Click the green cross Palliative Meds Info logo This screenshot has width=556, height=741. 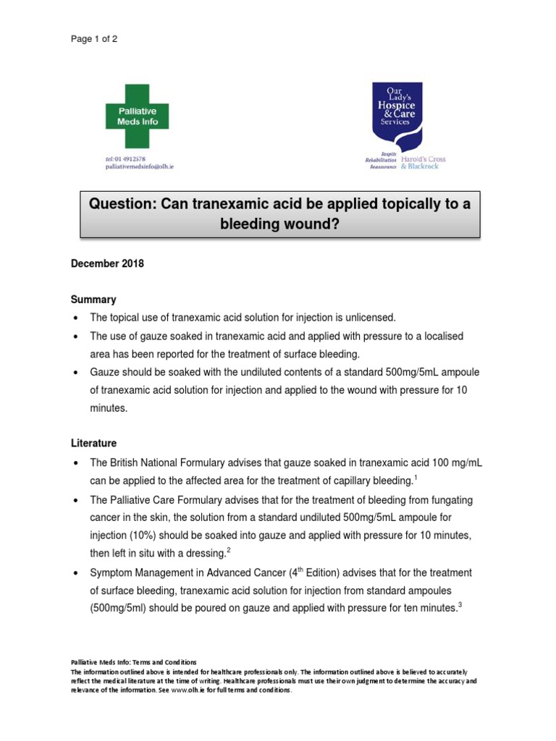[x=137, y=117]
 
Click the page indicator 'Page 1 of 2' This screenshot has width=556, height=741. [x=93, y=39]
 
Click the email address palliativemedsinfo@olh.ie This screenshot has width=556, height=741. [x=139, y=166]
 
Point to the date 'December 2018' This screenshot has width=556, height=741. [x=107, y=264]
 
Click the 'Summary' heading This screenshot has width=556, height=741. [x=93, y=300]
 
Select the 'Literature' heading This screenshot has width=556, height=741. [x=93, y=443]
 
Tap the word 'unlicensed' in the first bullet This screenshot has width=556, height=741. [x=369, y=318]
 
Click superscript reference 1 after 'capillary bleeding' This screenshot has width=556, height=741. [x=414, y=476]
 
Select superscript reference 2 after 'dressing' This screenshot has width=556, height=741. [x=228, y=550]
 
